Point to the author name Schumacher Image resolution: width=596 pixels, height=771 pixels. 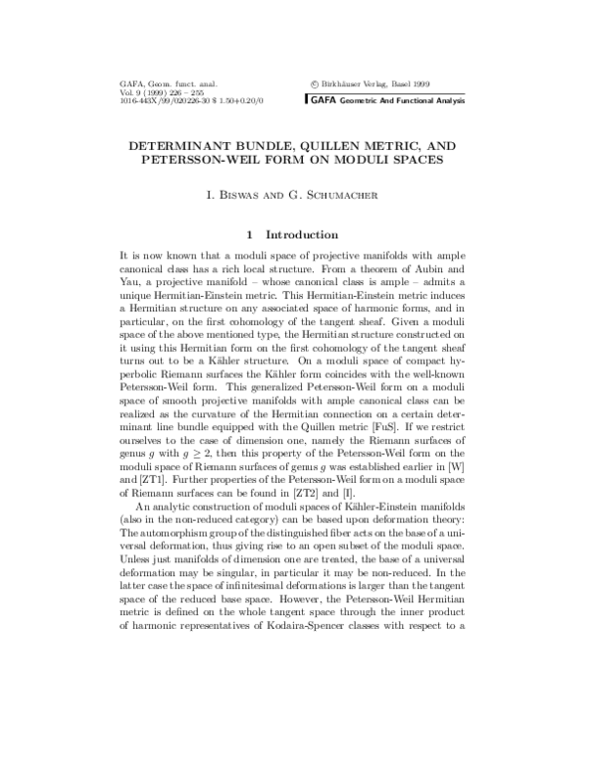coord(349,197)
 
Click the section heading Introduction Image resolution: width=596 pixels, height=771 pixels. coord(310,234)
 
